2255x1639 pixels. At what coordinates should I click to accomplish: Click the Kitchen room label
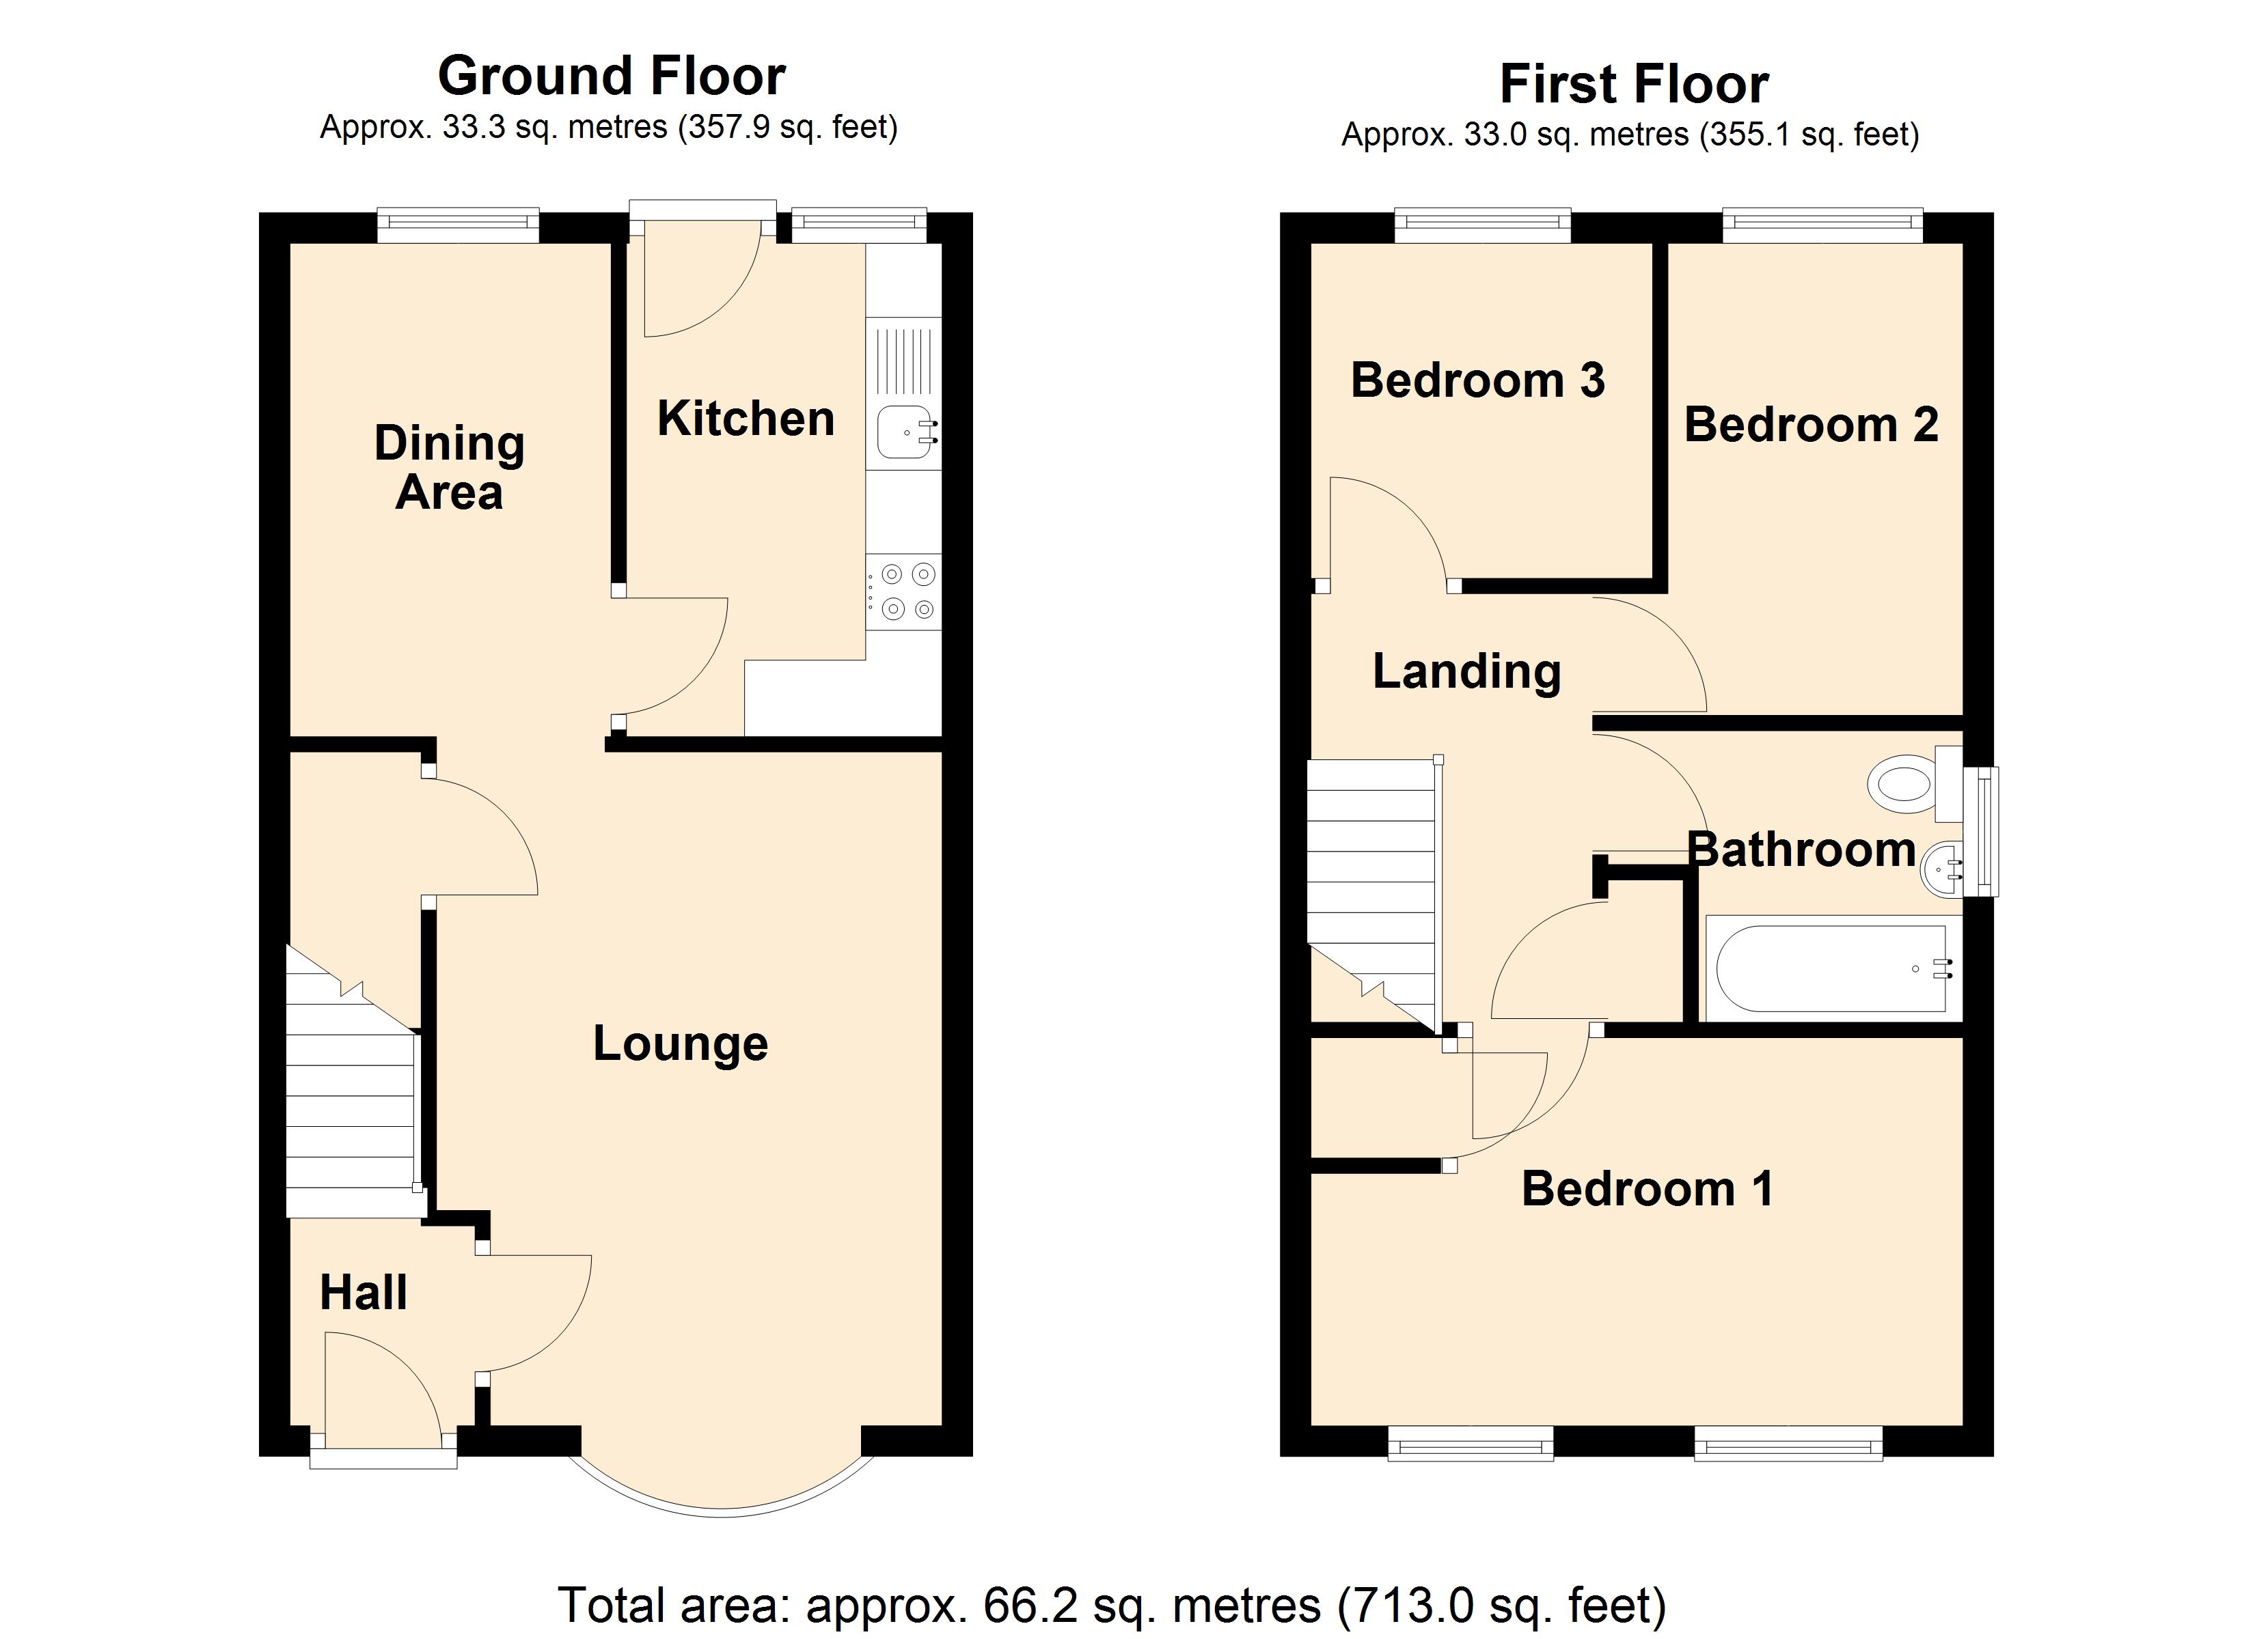[746, 419]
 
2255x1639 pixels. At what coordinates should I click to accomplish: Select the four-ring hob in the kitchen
[903, 591]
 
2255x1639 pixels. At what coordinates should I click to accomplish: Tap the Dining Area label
[450, 467]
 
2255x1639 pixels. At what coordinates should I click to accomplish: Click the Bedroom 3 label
[1477, 380]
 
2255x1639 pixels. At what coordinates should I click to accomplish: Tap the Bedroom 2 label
[1811, 425]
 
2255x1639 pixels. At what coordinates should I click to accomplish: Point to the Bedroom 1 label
[1648, 1189]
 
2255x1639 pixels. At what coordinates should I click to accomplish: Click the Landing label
[1466, 672]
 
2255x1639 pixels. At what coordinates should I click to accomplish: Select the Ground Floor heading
[612, 76]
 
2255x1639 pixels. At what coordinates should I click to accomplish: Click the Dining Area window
[459, 225]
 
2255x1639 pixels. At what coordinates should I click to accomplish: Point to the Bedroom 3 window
[1482, 225]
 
